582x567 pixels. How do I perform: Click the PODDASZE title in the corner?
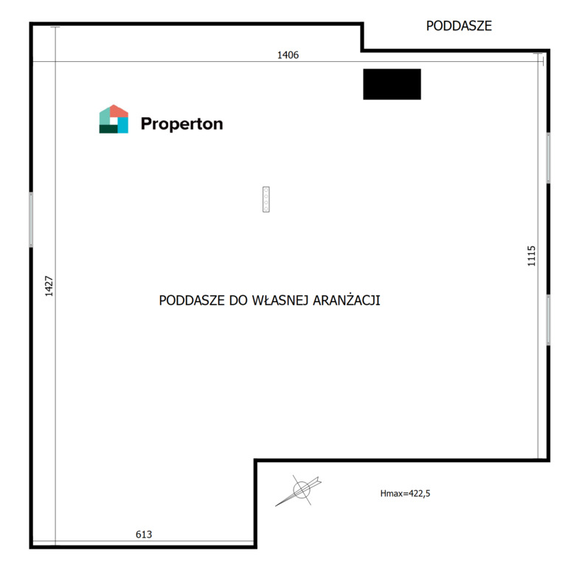point(459,26)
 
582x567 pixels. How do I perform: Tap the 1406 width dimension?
point(288,55)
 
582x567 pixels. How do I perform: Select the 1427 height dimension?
point(49,286)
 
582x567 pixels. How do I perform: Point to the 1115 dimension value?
point(532,255)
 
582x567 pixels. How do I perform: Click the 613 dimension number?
point(144,535)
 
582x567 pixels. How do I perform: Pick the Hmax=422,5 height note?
point(405,493)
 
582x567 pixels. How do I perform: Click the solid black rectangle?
point(392,84)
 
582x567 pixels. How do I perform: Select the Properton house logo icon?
point(114,119)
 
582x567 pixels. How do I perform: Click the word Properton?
point(182,124)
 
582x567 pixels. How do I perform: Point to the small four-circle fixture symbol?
point(266,199)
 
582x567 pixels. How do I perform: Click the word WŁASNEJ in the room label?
point(280,300)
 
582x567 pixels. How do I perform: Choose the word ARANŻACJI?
point(347,300)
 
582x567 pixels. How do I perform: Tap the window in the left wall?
point(31,219)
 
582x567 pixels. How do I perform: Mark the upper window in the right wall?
point(548,158)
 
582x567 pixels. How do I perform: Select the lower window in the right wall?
point(548,320)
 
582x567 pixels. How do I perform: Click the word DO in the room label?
point(238,300)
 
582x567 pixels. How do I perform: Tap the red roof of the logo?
point(119,111)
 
